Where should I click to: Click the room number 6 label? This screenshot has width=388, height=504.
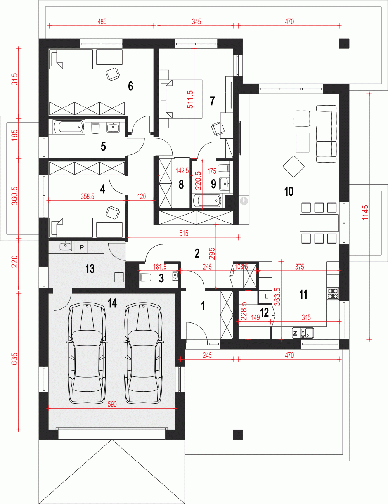tap(131, 86)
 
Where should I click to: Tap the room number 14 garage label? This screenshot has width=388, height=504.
tap(113, 303)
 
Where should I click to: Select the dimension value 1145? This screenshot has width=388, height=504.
tap(365, 213)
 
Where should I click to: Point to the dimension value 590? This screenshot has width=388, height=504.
tap(112, 404)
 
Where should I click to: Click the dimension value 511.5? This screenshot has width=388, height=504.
tap(190, 99)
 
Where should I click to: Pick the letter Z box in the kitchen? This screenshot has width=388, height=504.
tap(295, 333)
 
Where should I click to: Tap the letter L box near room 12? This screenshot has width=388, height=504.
tap(266, 296)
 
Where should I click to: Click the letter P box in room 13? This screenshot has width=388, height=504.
tap(81, 247)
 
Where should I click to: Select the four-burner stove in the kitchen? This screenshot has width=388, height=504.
tap(333, 293)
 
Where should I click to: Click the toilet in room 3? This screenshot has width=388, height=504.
tap(146, 277)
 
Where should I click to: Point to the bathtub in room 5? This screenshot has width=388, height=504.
tap(69, 126)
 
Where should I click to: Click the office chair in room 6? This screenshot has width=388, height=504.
tap(113, 74)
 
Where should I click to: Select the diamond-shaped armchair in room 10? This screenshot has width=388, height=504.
tap(294, 166)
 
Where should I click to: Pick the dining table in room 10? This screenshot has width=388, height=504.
tap(319, 223)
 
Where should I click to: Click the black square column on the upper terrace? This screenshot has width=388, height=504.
tap(344, 43)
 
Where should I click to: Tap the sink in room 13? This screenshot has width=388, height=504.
tap(66, 246)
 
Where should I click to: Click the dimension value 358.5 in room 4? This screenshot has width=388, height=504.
tap(87, 197)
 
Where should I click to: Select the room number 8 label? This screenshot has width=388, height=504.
tap(181, 185)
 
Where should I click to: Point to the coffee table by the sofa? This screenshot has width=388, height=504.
tap(303, 142)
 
